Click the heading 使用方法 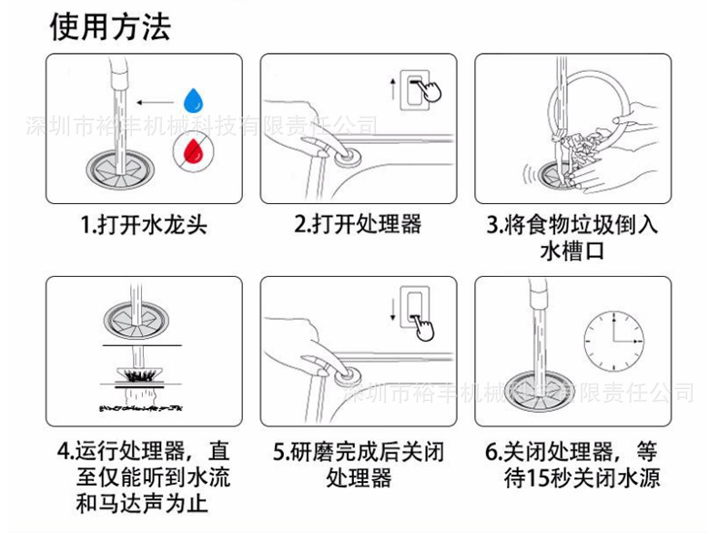110,27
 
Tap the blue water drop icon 192,99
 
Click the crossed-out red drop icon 192,150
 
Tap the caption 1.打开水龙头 143,224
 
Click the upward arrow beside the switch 391,89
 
